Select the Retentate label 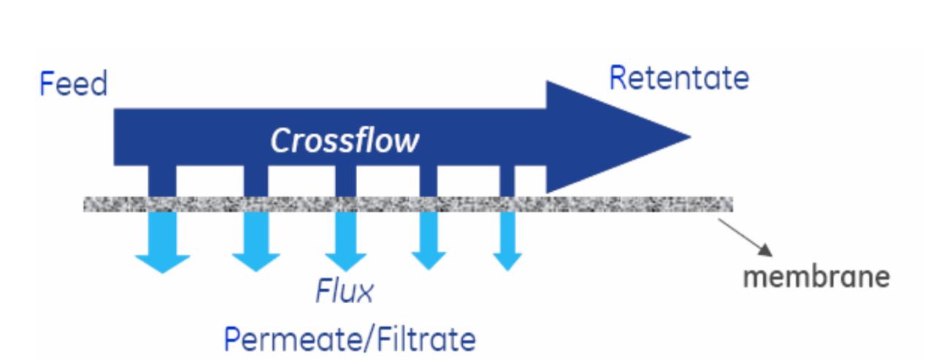678,79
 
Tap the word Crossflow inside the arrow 344,141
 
